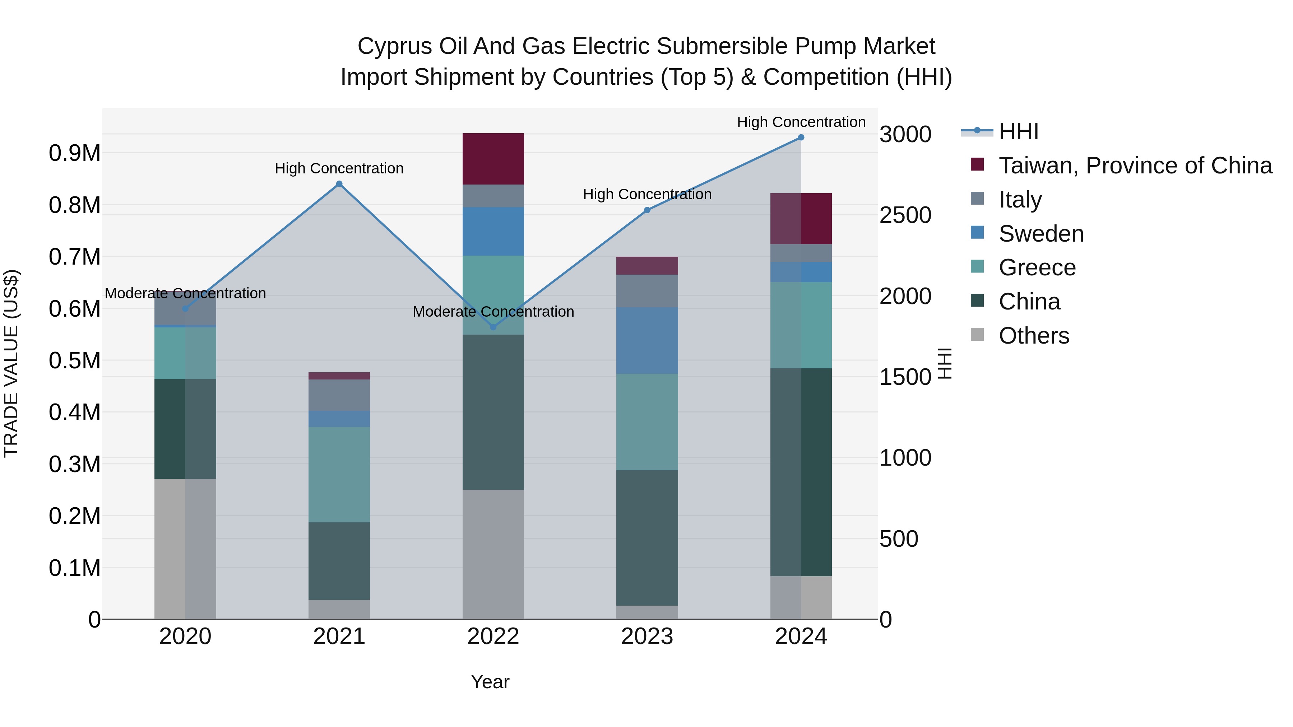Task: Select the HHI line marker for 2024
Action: (x=801, y=138)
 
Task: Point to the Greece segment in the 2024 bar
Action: (x=801, y=325)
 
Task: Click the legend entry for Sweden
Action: (x=1041, y=234)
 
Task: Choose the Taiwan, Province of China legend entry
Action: (x=1135, y=166)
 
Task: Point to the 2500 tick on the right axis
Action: (x=905, y=215)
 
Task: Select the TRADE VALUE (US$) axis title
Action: (x=11, y=363)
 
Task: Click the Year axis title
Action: (x=490, y=682)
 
